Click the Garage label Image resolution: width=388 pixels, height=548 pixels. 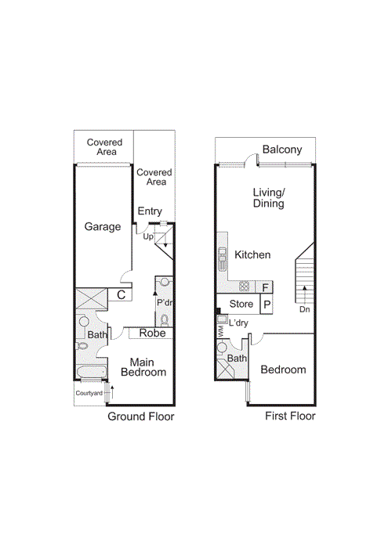103,227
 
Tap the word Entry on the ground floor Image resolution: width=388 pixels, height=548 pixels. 150,211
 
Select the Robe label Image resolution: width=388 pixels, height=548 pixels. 152,333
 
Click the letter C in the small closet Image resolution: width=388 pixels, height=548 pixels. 121,295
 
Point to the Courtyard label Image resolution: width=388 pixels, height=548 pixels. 89,393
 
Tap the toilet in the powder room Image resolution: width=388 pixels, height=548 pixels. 164,319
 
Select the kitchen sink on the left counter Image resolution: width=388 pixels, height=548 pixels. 222,254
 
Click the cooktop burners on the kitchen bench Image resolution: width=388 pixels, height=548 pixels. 245,286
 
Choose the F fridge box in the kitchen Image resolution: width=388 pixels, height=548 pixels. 266,287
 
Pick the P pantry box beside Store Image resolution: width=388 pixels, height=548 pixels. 267,305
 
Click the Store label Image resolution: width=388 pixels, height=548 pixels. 241,305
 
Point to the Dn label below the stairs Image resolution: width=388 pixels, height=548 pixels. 304,309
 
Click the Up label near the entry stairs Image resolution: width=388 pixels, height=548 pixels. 147,236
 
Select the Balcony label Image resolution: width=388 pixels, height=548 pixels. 282,150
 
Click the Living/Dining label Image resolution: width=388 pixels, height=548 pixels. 268,198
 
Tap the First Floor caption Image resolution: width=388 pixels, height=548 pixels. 289,416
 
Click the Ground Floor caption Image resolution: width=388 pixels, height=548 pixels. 140,416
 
